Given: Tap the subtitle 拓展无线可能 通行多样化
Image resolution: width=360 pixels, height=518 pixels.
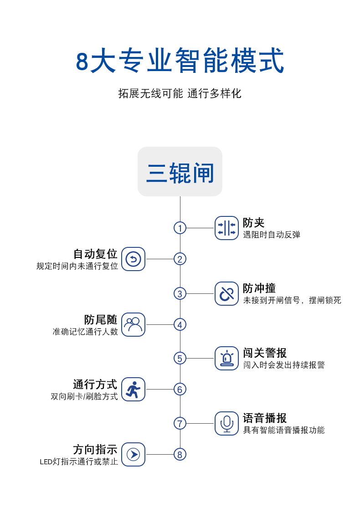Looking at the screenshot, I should click(180, 94).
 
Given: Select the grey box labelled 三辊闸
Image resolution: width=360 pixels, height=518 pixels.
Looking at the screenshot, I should click(180, 172).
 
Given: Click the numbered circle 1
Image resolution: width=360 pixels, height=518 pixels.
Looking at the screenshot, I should click(180, 228).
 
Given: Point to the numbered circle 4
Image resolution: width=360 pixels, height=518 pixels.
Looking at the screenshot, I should click(180, 325).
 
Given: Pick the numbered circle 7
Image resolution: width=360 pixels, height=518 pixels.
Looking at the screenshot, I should click(180, 423).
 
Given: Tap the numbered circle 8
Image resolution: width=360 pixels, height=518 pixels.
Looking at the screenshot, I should click(180, 454).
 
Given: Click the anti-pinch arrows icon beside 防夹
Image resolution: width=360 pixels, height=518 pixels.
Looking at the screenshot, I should click(226, 228).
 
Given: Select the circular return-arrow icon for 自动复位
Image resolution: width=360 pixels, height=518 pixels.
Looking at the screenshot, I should click(133, 259).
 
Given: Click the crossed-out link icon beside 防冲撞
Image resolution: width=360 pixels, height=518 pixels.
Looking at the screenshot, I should click(226, 294).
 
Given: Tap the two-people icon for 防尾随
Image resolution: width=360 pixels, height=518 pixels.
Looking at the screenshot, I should click(133, 325).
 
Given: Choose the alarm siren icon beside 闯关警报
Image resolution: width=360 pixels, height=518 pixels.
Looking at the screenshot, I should click(226, 358).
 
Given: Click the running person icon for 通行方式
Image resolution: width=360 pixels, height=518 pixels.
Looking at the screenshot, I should click(133, 390).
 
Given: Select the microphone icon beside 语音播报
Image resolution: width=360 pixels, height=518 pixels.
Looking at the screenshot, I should click(226, 423).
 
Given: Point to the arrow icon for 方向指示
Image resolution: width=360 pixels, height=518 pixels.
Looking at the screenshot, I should click(133, 454).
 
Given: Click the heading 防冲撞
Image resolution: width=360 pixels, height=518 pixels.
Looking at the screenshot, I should click(259, 288).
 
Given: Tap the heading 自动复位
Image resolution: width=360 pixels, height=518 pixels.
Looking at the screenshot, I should click(96, 254).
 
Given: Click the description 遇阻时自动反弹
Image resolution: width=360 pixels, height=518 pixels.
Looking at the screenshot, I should click(272, 235).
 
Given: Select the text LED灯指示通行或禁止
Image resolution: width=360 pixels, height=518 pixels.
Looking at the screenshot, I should click(79, 462).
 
